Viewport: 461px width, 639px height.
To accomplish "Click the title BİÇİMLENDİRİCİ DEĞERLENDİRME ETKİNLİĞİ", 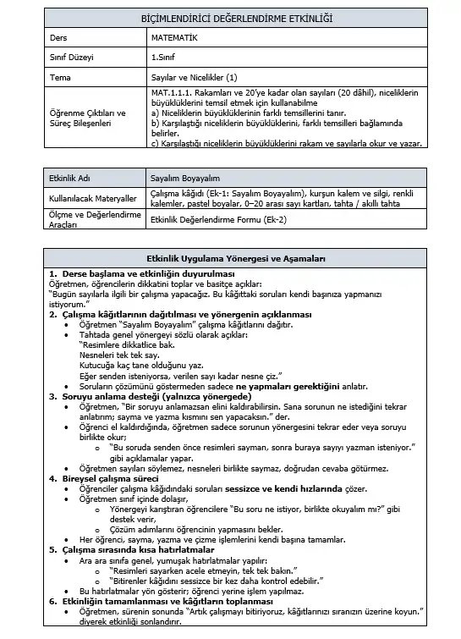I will pyautogui.click(x=231, y=18).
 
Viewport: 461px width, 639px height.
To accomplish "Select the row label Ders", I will pyautogui.click(x=59, y=37).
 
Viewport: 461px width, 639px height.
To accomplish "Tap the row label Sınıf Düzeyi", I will pyautogui.click(x=70, y=58).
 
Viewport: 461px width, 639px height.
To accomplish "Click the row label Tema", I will pyautogui.click(x=61, y=77).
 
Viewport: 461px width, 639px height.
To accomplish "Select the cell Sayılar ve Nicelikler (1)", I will pyautogui.click(x=195, y=77).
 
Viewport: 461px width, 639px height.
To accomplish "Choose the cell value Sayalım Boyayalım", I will pyautogui.click(x=184, y=179).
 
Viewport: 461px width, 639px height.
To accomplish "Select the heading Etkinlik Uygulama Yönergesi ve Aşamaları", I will pyautogui.click(x=231, y=259).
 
